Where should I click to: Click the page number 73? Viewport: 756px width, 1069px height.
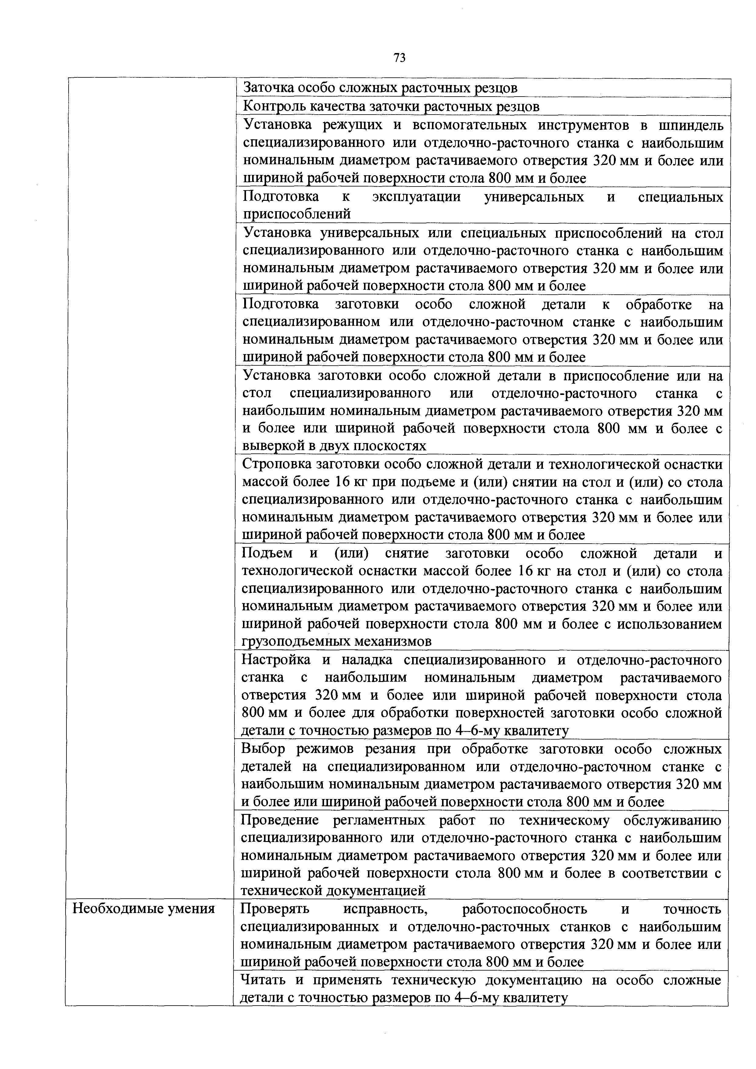click(399, 57)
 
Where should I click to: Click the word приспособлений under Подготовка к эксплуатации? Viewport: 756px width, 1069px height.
click(296, 214)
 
